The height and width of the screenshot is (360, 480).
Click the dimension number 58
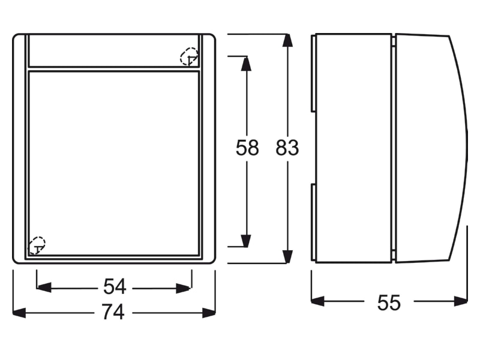(x=247, y=148)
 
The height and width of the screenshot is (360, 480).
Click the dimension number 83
(x=287, y=148)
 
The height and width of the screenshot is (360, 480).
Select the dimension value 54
(x=115, y=287)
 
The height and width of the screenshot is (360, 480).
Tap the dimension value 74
(x=113, y=312)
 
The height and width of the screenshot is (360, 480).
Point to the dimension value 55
(x=389, y=303)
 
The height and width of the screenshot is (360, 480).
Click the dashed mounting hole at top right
(x=189, y=56)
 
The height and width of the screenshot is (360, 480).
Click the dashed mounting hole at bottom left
(x=37, y=245)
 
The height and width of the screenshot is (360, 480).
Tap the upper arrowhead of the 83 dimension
(x=287, y=40)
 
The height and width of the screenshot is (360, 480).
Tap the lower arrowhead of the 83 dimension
(x=287, y=257)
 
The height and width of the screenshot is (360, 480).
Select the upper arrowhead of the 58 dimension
(x=246, y=64)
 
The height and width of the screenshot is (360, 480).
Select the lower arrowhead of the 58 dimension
(x=246, y=241)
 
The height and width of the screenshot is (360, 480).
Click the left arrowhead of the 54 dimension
(x=44, y=288)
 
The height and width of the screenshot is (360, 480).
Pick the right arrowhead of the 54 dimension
(x=184, y=288)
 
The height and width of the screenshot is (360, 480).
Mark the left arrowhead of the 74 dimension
(x=19, y=313)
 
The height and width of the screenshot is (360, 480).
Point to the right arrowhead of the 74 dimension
(x=209, y=313)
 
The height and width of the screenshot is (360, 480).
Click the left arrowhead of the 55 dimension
(x=318, y=301)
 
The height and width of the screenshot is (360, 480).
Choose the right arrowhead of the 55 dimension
(x=461, y=301)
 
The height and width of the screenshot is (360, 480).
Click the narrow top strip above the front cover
(x=113, y=50)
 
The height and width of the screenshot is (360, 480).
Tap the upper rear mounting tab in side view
(x=313, y=73)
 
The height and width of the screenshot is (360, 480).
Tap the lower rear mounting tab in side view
(x=313, y=222)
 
